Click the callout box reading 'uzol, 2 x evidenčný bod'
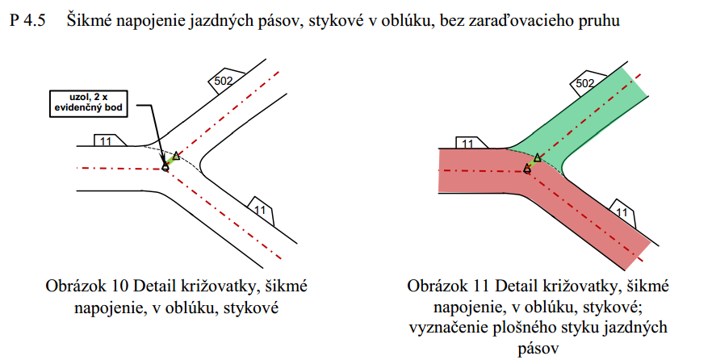pyautogui.click(x=89, y=104)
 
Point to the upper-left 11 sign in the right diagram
pyautogui.click(x=471, y=142)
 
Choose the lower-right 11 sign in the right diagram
pyautogui.click(x=623, y=211)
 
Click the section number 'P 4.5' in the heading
pyautogui.click(x=27, y=21)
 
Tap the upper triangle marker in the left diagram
pyautogui.click(x=176, y=156)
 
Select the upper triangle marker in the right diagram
pyautogui.click(x=537, y=157)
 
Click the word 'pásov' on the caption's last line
pyautogui.click(x=538, y=349)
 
